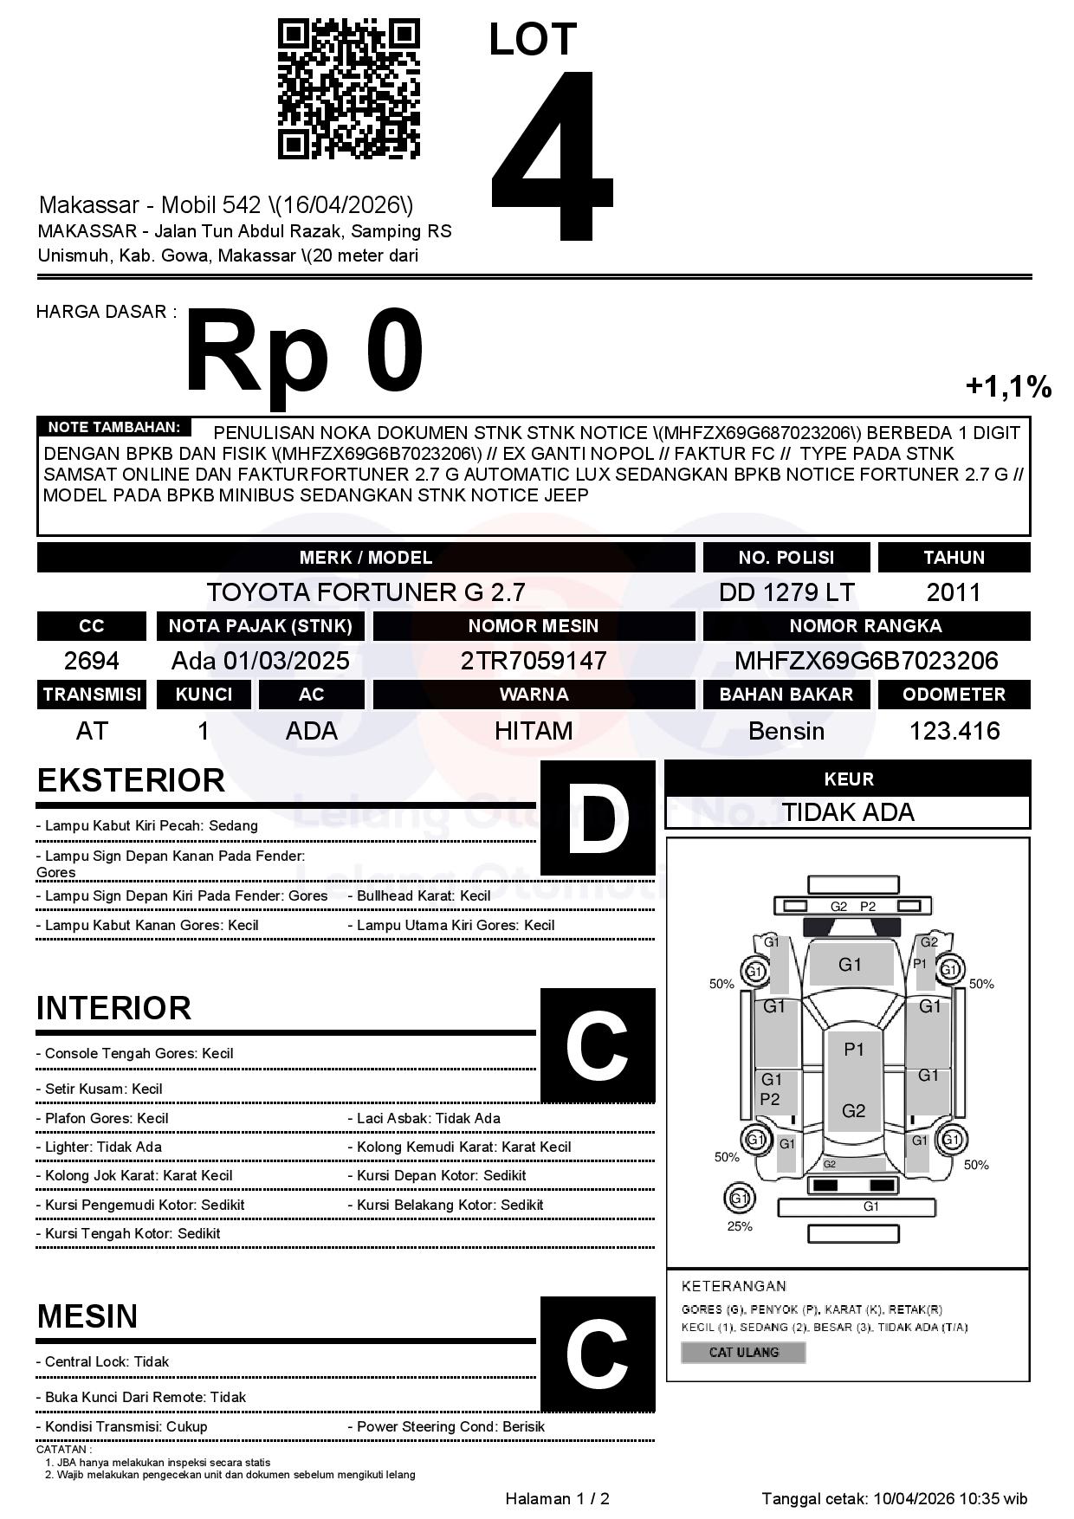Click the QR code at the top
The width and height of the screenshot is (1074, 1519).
coord(348,89)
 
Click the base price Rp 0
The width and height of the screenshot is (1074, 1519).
coord(304,352)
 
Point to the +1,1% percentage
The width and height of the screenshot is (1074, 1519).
coord(1008,387)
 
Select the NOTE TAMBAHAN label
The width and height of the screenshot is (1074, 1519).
coord(113,427)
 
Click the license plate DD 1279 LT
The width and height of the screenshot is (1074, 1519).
coord(786,592)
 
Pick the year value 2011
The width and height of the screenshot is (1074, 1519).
coord(954,592)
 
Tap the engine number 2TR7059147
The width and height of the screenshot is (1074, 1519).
coord(534,661)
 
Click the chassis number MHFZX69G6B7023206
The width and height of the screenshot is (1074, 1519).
coord(866,661)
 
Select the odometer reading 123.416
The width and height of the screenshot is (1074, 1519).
coord(954,731)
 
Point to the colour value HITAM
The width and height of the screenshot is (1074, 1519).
coord(534,731)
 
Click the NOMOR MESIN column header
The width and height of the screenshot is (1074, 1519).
coord(534,625)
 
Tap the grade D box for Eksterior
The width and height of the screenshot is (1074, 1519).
coord(598,818)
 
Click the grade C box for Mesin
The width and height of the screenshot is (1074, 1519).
coord(598,1354)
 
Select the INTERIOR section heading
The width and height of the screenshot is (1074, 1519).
coord(113,1008)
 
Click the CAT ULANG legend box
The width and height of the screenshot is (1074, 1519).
coord(744,1352)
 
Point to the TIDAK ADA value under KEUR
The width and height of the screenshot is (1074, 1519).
coord(848,812)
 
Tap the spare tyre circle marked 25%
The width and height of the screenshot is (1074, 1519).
coord(739,1199)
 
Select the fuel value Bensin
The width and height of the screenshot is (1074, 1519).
coord(786,731)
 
